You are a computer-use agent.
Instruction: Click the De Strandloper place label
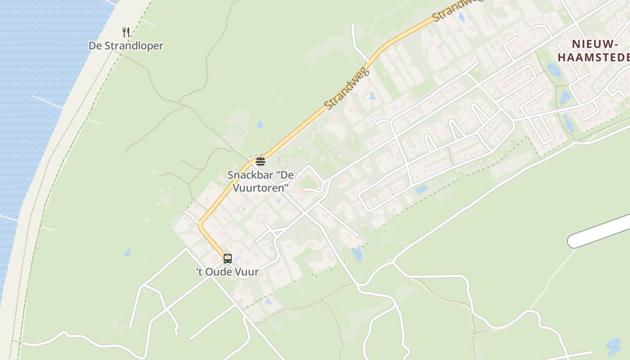click(126, 46)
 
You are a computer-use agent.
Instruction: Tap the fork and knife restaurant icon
click(126, 32)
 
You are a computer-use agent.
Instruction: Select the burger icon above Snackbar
click(261, 162)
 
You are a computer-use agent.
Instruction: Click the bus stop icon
click(228, 258)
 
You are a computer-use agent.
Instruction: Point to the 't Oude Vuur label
click(227, 272)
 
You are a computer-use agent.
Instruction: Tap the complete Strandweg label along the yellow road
click(346, 89)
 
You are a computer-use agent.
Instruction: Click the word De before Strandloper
click(94, 46)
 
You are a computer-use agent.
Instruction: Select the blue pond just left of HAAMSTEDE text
click(553, 70)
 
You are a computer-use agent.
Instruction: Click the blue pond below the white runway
click(613, 346)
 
